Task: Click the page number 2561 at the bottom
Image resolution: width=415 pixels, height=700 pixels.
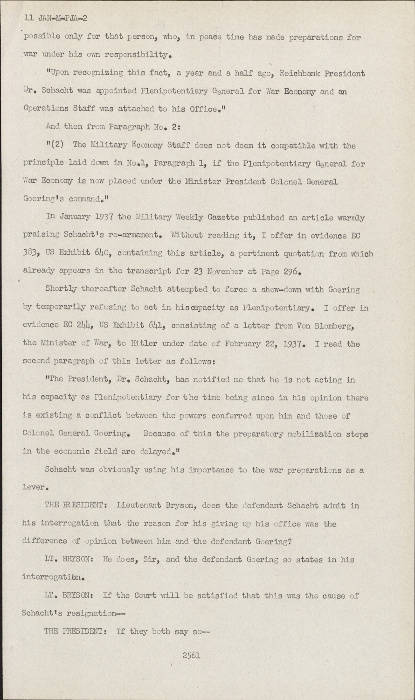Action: tap(191, 656)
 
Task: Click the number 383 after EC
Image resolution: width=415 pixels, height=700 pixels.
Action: tap(30, 253)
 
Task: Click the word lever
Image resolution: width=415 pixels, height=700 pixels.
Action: tap(34, 488)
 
